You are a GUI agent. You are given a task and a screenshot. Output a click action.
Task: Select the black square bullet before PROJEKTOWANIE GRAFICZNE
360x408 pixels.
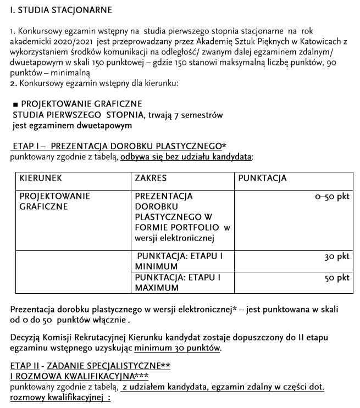coord(15,104)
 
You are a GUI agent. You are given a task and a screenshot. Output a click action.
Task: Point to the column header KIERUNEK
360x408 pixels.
coord(41,178)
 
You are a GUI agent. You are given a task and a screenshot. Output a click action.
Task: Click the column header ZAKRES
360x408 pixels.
coord(151,178)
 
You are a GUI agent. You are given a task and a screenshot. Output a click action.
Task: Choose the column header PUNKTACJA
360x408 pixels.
coord(263,178)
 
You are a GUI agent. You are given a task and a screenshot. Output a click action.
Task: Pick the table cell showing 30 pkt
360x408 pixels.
coord(337,256)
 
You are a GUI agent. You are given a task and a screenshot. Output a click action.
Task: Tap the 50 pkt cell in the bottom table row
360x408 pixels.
coord(337,278)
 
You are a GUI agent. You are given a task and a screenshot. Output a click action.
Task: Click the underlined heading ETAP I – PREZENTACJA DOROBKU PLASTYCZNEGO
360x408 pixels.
coord(118,147)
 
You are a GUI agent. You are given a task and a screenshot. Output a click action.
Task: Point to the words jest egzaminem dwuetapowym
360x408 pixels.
coord(72,125)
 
